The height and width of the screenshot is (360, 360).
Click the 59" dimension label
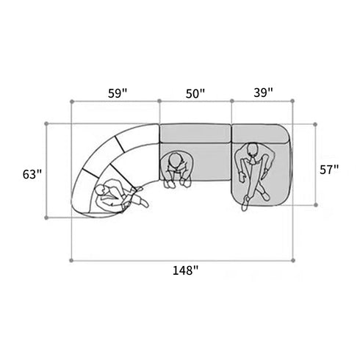coord(118,93)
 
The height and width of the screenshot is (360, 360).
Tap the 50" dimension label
coord(195,93)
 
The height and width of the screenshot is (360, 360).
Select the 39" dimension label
coord(263,93)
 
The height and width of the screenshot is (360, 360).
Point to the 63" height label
coord(32,175)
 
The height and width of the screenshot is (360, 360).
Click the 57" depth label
coord(329,170)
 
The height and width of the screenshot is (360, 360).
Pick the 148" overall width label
coord(186,270)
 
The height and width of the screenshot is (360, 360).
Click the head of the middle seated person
coord(176,160)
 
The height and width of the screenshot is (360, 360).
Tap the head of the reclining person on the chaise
coord(252,150)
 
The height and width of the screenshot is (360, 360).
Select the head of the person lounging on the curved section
coord(100,191)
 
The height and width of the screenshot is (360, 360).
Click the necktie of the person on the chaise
coord(252,162)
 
